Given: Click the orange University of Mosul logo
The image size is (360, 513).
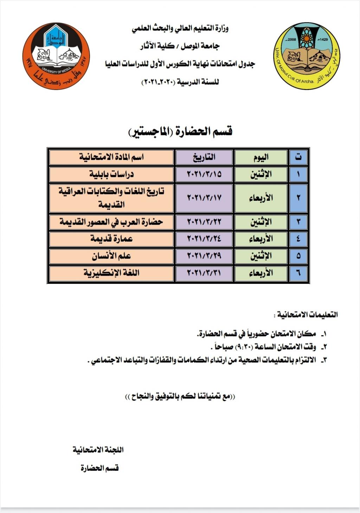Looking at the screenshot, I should (56, 56).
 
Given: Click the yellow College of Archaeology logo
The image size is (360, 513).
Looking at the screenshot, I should (306, 56).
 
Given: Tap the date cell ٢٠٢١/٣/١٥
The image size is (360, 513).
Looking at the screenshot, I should (204, 174).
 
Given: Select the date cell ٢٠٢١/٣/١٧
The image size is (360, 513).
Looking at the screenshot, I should (204, 198).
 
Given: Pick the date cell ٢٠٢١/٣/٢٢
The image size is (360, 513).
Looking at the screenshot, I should (204, 222).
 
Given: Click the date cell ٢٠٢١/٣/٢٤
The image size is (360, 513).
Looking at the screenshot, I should (204, 239).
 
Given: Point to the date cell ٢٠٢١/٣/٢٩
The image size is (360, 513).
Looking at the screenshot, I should (204, 256).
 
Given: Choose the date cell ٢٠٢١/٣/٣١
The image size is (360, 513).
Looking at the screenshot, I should (204, 273).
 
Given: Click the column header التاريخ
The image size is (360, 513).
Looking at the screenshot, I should (204, 157).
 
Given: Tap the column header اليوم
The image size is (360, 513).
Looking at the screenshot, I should (261, 157).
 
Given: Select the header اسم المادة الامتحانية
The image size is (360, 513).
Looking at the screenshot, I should (111, 157).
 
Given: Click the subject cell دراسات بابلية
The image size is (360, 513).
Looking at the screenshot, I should (111, 174).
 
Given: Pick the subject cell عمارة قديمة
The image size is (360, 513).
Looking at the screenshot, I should (111, 239).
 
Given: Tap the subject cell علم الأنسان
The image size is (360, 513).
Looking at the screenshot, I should (111, 256).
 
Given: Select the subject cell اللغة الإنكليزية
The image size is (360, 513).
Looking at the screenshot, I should (111, 273).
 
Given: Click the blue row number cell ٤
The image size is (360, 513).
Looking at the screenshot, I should (298, 239).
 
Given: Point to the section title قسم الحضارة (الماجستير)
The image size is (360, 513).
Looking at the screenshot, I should (180, 132).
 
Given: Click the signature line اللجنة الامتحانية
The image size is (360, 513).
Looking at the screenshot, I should (98, 450).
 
